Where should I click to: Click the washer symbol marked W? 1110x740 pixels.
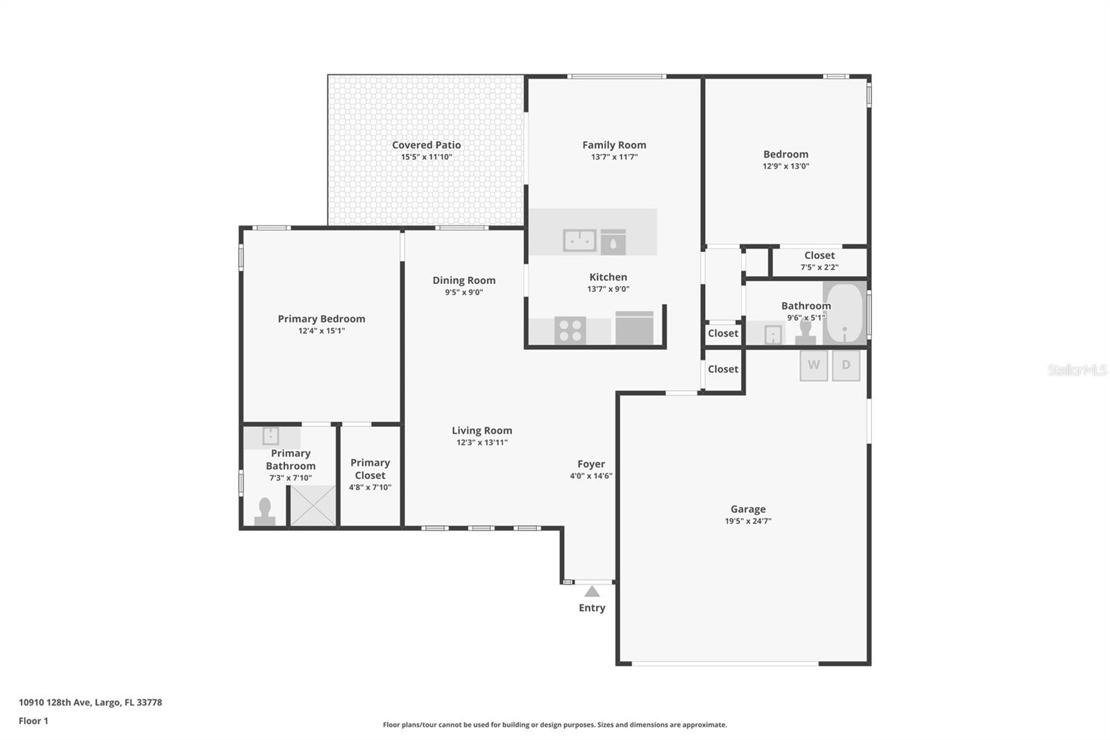(813, 365)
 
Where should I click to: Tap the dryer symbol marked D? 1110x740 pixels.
(846, 365)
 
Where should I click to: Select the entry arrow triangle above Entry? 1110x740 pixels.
(592, 591)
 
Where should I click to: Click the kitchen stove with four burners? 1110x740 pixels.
(570, 330)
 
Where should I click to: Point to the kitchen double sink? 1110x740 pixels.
(579, 240)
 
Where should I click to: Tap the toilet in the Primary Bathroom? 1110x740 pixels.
(264, 512)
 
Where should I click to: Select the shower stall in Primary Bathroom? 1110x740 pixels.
(312, 505)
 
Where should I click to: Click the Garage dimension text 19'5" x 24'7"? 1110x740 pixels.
(748, 521)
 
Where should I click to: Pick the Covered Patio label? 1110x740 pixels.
(426, 145)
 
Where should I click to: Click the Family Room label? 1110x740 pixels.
(614, 145)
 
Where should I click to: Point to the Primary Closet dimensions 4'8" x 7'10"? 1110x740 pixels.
(370, 487)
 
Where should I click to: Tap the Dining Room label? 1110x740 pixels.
(463, 280)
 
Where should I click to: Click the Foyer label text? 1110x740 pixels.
(591, 464)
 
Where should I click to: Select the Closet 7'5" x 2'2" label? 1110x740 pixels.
(819, 255)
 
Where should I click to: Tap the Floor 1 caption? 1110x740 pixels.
(33, 721)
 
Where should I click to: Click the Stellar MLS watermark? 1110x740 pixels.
(1077, 370)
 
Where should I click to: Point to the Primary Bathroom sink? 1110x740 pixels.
(271, 436)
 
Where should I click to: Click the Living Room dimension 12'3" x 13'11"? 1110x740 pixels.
(481, 442)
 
